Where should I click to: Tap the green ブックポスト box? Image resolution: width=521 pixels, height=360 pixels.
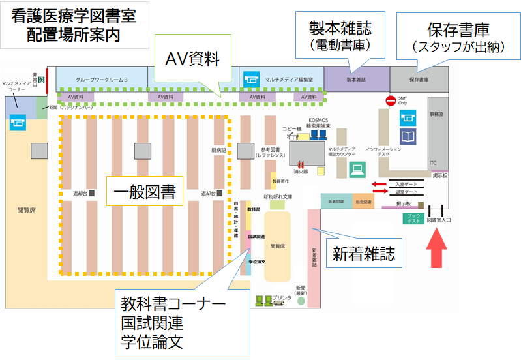pos(411,218)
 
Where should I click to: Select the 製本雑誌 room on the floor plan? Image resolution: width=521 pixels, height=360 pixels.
pos(356,80)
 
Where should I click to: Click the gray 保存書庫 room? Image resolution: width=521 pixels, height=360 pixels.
pos(419,80)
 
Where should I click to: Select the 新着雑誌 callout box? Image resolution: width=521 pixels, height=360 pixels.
pos(363,253)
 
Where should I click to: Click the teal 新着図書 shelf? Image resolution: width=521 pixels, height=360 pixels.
pos(336,202)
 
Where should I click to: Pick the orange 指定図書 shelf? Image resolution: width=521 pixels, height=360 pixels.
pos(364,202)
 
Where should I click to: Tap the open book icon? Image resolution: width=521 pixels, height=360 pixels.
pos(408,137)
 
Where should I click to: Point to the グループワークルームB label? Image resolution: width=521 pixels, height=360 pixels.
pos(101,80)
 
